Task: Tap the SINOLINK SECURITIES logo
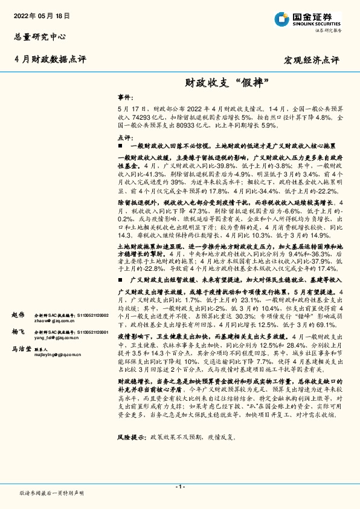tap(307, 18)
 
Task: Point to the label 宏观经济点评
tap(312, 60)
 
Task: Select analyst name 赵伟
tap(18, 315)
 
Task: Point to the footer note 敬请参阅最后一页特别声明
tap(51, 493)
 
